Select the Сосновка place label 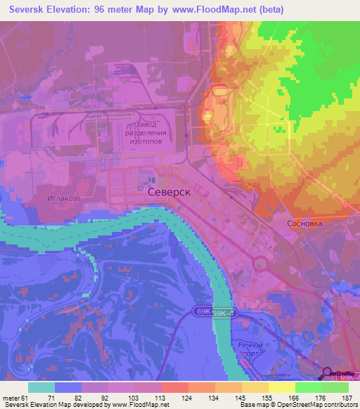[305, 224]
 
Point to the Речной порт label [250, 349]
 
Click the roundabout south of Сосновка [260, 264]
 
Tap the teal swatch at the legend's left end [41, 387]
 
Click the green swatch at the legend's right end [335, 387]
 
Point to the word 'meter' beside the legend [12, 398]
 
